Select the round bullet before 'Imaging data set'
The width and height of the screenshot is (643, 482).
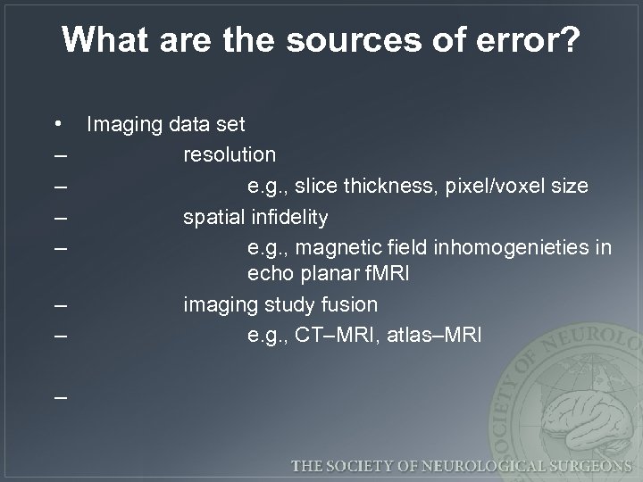tap(58, 123)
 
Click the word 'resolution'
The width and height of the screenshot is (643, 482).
tap(230, 154)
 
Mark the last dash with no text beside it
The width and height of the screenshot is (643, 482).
tap(59, 394)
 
